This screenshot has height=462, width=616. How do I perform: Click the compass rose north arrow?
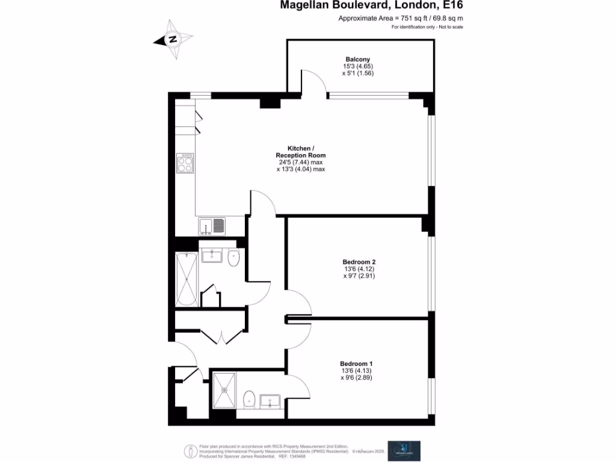(173, 39)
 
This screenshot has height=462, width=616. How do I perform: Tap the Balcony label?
(358, 59)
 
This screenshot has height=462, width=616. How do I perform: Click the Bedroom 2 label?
(359, 262)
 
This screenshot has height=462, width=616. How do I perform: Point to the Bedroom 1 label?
(357, 363)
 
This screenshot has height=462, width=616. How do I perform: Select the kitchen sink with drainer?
(212, 226)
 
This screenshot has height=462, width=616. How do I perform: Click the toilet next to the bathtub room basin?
(234, 258)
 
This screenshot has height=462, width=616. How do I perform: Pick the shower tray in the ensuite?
(225, 390)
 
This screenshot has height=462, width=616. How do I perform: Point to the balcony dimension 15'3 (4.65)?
(358, 66)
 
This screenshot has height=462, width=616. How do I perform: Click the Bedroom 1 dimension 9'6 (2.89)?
(357, 378)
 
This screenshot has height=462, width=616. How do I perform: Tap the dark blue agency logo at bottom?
(404, 449)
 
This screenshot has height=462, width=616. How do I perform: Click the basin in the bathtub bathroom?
(212, 257)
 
